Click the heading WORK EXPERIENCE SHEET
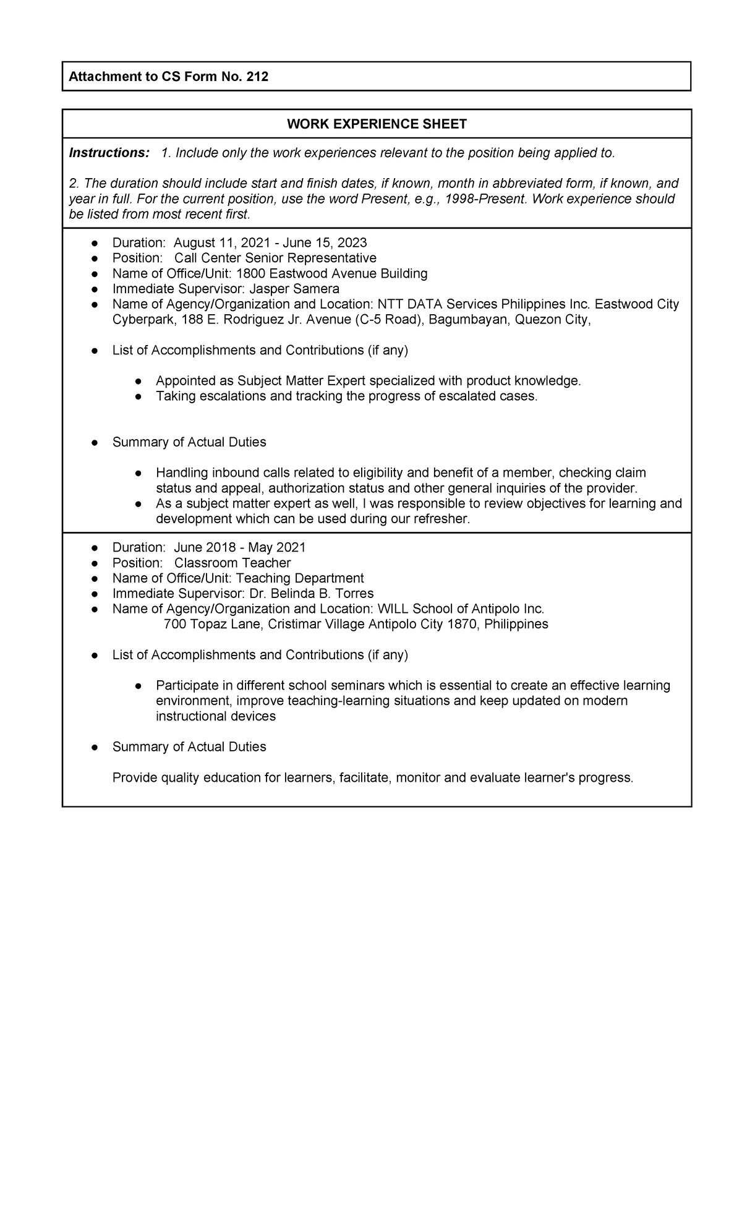tap(377, 124)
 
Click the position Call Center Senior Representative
tap(275, 258)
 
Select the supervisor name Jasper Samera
tap(294, 289)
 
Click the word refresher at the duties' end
tap(440, 519)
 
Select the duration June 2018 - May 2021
tap(240, 547)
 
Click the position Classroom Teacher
tap(232, 563)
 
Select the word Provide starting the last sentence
tap(134, 778)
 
